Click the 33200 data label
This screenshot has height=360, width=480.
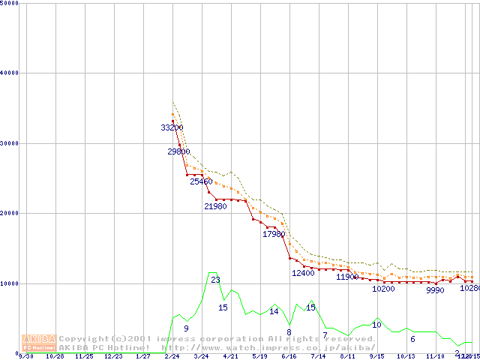[172, 127]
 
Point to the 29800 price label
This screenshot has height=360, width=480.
[178, 151]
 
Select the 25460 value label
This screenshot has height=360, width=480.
[201, 181]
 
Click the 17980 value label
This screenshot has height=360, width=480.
[274, 234]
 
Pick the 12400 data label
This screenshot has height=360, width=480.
[303, 273]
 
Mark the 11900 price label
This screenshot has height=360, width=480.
[347, 277]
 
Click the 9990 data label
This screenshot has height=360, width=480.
[435, 290]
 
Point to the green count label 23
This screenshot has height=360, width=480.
[215, 280]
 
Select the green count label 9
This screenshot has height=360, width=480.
[186, 328]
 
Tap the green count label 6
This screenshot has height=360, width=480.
[412, 339]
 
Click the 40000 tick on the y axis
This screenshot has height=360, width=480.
[9, 73]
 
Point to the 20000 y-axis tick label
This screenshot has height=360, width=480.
[9, 213]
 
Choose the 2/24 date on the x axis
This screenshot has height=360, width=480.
[171, 357]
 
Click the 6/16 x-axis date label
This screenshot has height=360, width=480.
[289, 357]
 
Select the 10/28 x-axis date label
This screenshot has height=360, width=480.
[55, 357]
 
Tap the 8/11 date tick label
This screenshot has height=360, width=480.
[347, 357]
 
